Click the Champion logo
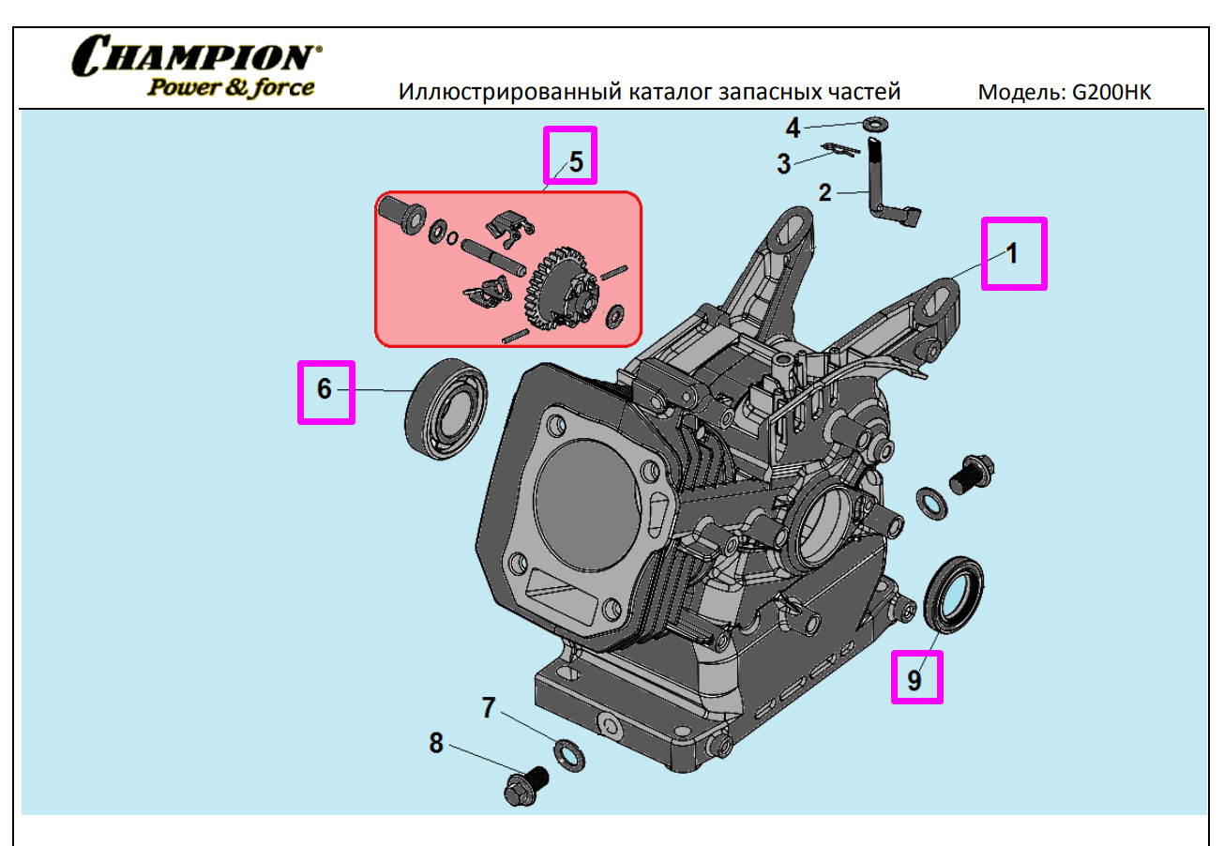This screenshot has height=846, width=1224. click(196, 55)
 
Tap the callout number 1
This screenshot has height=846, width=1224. click(1012, 253)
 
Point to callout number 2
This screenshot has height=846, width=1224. click(824, 193)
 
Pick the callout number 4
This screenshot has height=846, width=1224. click(793, 127)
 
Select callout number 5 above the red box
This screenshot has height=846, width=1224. click(576, 161)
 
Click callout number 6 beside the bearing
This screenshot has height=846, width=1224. click(325, 389)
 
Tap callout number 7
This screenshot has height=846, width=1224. click(488, 707)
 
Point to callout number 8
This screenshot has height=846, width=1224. click(435, 743)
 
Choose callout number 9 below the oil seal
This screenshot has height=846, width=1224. click(914, 679)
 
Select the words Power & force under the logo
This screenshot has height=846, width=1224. click(229, 87)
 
